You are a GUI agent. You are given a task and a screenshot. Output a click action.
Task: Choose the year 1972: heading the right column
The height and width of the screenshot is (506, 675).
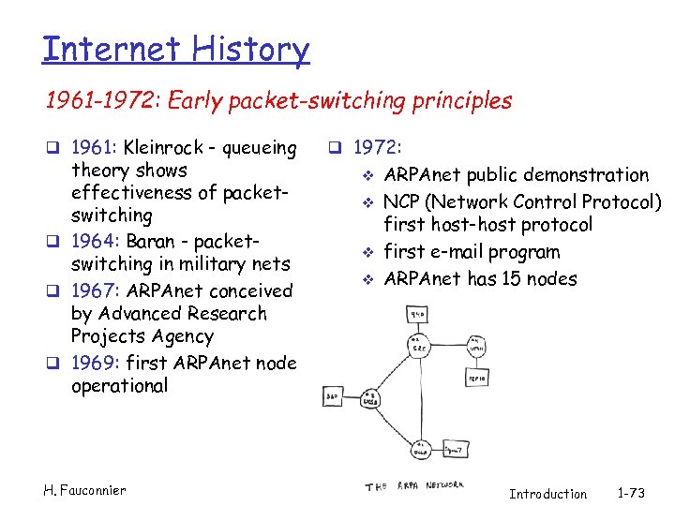pos(378,148)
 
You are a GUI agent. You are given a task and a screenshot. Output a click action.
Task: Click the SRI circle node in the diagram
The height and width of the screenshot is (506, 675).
pos(418,344)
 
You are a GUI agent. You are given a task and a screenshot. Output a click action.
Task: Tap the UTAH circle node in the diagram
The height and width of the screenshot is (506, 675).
pos(476,345)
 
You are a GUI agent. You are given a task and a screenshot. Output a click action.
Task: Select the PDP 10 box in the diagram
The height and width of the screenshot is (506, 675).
pos(476,377)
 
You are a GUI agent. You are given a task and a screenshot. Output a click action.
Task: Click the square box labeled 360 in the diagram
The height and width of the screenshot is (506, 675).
pos(334,397)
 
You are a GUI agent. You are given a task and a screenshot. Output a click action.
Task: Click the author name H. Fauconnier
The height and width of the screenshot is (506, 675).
pos(84,489)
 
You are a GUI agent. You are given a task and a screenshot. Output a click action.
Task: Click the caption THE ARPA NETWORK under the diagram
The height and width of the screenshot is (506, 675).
pos(414,485)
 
